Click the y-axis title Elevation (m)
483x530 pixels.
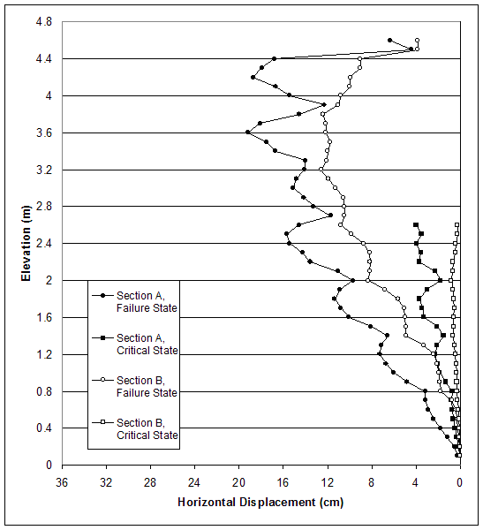click(x=26, y=243)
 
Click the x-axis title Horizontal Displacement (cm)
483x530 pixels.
click(x=260, y=503)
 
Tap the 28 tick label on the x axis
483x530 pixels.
click(x=150, y=482)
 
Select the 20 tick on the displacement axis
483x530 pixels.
click(x=238, y=482)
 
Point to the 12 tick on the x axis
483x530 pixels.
click(x=328, y=482)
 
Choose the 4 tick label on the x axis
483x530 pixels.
click(x=416, y=482)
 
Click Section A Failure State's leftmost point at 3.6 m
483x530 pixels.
click(x=248, y=132)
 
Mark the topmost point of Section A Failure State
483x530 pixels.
click(x=389, y=40)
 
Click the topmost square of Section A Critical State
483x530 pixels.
click(x=416, y=224)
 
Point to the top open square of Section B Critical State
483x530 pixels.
click(x=457, y=224)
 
